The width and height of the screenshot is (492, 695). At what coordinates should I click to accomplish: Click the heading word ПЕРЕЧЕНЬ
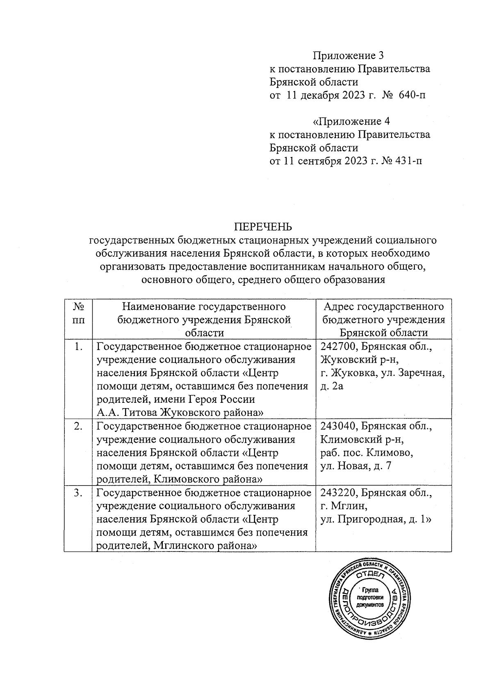tap(263, 227)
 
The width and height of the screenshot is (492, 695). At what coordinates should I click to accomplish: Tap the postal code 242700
tap(336, 347)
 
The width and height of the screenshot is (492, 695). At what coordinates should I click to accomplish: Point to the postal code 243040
tap(336, 426)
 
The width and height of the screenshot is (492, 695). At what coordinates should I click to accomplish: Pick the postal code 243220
tap(336, 493)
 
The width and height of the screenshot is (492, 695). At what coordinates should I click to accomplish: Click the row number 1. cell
tap(78, 347)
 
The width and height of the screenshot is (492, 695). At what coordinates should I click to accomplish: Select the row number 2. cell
tap(78, 426)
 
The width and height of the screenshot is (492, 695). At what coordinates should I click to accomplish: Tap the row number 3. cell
tap(78, 493)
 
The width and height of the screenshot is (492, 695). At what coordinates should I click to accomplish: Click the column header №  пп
tap(78, 313)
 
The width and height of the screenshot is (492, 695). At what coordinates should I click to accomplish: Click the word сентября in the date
tap(318, 161)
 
